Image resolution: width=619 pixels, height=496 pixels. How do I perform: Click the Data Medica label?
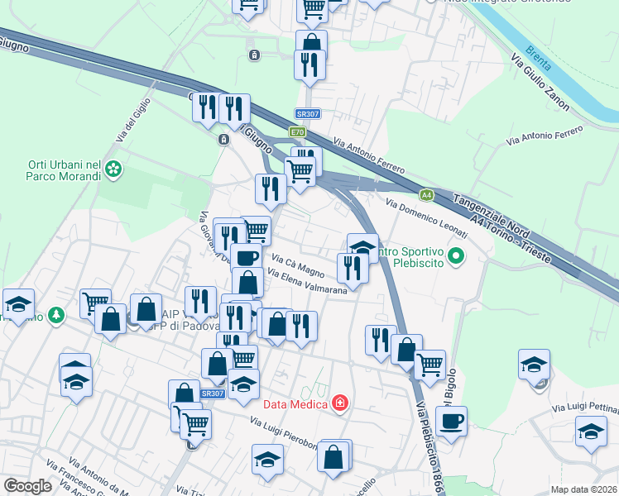click(295, 404)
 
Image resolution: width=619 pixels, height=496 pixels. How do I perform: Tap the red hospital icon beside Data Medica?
click(338, 403)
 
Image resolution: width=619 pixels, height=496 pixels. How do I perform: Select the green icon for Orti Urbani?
click(113, 171)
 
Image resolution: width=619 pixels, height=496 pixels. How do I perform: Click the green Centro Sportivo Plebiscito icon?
click(454, 259)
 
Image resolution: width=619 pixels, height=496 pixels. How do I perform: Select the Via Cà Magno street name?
click(299, 265)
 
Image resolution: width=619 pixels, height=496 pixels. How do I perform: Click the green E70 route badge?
click(296, 131)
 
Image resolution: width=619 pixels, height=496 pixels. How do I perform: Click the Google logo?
click(27, 486)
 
